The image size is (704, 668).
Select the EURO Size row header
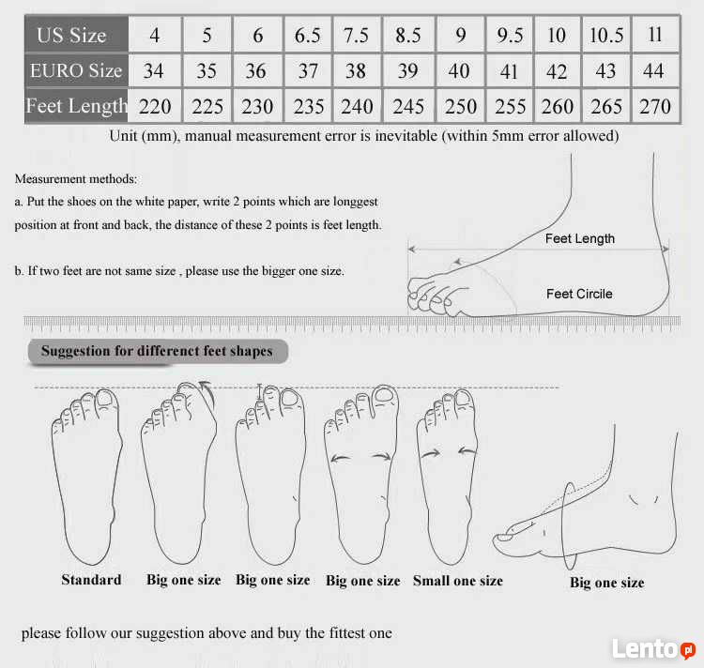76,70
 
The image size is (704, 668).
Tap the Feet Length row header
76,106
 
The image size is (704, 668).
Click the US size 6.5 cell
308,35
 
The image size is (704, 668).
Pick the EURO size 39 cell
407,70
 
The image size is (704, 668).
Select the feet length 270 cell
655,106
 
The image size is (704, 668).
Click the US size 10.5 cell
606,35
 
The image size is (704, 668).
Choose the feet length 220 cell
155,106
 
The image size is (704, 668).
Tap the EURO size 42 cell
557,71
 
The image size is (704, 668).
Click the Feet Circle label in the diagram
579,294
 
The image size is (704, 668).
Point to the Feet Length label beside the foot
580,238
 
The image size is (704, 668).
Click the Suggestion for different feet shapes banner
158,351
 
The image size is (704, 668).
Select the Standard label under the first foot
91,580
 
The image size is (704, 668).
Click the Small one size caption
457,581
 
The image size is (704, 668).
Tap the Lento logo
653,648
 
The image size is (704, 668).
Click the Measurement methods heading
76,179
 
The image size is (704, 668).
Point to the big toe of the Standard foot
105,400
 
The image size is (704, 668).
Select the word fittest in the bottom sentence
347,633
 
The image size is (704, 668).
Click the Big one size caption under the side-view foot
607,583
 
